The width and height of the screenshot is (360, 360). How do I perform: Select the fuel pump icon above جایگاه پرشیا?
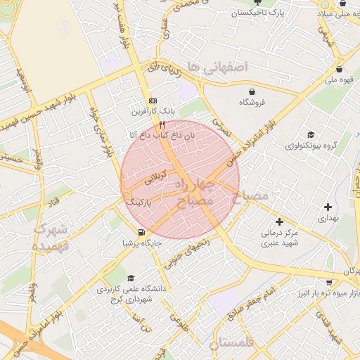coord(142,233)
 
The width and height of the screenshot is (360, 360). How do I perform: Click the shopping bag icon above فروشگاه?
coord(252,91)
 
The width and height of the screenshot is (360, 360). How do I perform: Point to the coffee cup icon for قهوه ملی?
coord(340,69)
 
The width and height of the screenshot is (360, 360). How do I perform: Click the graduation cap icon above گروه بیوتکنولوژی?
coord(310,134)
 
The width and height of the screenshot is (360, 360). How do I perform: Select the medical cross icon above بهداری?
coord(328,207)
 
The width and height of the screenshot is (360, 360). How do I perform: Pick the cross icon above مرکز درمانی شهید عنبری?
coord(279,221)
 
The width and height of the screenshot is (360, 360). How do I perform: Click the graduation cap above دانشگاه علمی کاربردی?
coord(131,278)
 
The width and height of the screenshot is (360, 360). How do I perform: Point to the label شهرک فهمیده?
coord(51,236)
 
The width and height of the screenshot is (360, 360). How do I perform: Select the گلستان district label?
coord(234,344)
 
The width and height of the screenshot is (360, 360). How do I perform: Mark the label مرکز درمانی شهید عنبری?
coord(280,238)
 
